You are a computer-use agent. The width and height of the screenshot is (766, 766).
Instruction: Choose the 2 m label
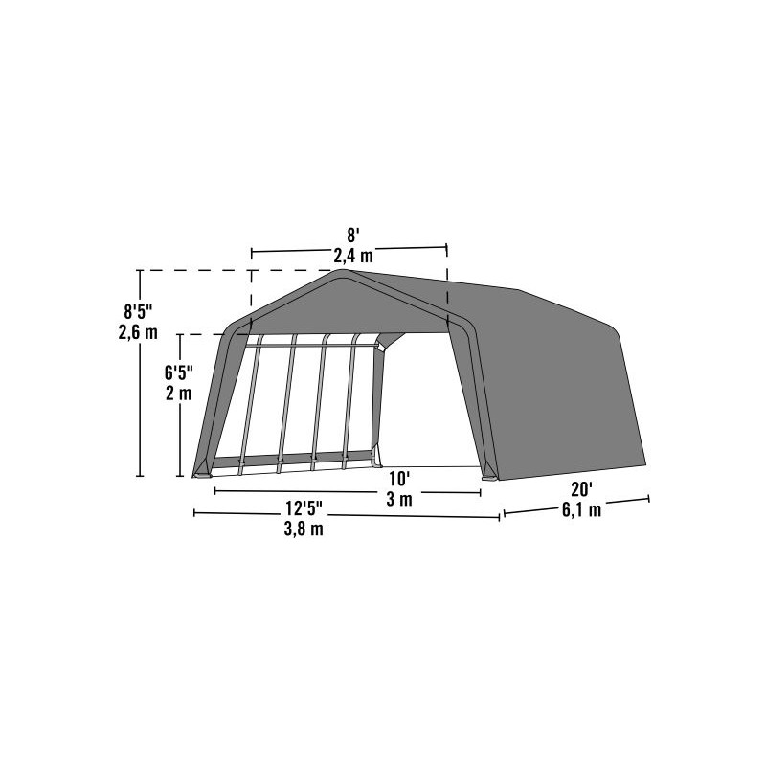[178, 394]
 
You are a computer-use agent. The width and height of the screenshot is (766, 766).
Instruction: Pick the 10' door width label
[399, 478]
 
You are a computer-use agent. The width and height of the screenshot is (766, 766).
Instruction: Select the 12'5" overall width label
[303, 508]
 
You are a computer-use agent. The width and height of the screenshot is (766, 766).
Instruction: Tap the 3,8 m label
[304, 529]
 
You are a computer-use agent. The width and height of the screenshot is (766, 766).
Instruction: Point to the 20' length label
[581, 488]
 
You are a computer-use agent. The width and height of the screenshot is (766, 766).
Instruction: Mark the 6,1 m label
[582, 509]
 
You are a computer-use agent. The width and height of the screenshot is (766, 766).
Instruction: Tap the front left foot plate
[202, 471]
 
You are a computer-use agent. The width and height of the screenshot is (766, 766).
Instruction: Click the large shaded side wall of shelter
[555, 383]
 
